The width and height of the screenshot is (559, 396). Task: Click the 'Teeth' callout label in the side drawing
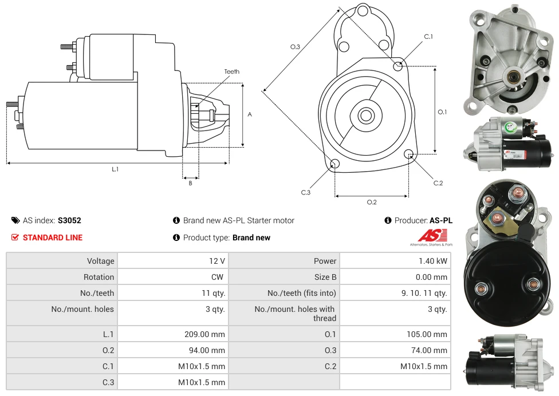[231, 72]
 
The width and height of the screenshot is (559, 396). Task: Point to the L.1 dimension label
[115, 169]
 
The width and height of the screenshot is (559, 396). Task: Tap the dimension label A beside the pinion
[250, 114]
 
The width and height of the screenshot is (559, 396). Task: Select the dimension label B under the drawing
[190, 183]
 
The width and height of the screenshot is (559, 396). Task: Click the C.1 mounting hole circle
[398, 66]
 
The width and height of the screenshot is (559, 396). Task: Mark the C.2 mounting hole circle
[409, 154]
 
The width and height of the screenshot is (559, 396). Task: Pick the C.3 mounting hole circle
[336, 165]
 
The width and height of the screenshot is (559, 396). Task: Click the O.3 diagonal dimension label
[296, 47]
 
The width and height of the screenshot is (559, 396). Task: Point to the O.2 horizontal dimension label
[372, 202]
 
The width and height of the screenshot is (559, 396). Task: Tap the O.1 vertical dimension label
[442, 112]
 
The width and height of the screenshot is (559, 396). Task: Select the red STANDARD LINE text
[53, 237]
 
